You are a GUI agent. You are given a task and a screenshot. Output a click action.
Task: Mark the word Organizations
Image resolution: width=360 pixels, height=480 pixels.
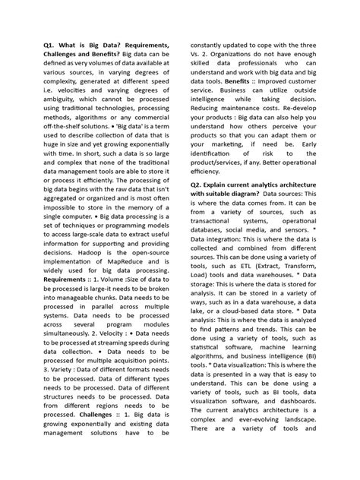(236, 57)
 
